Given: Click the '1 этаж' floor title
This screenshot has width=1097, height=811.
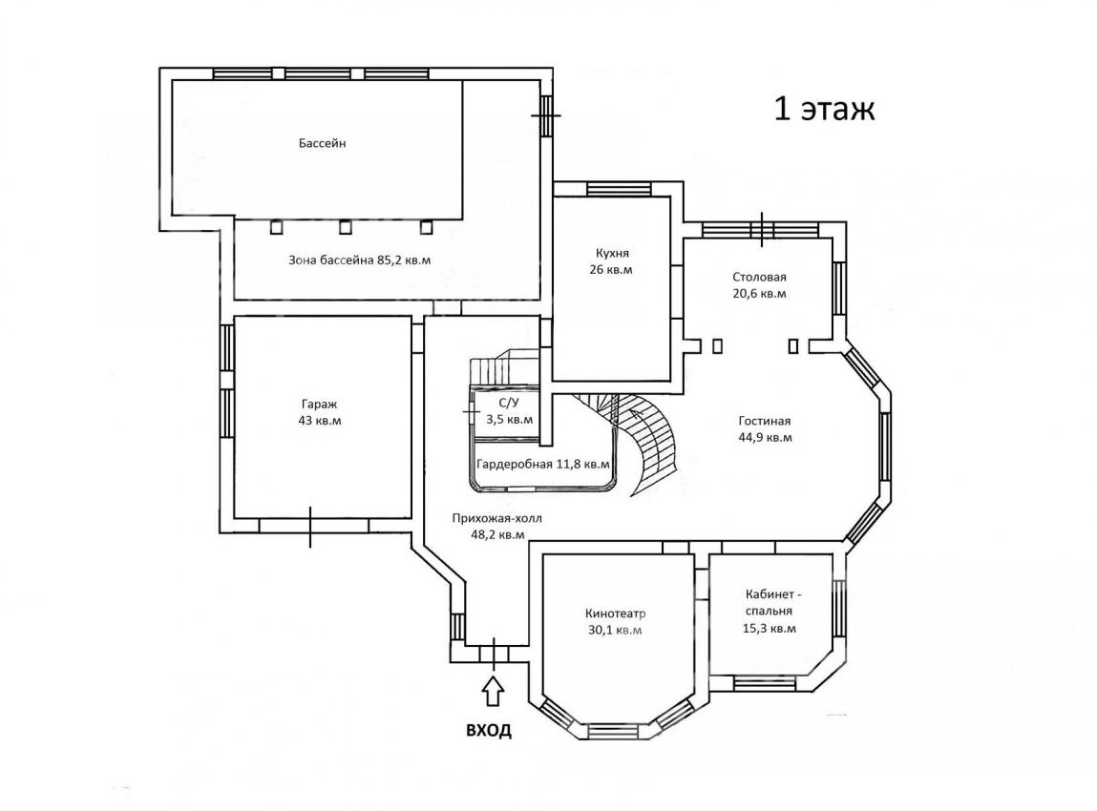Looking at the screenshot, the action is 824,110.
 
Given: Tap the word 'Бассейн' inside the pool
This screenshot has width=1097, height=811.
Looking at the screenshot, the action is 323,143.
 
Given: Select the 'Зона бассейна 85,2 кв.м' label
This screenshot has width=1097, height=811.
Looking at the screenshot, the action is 360,260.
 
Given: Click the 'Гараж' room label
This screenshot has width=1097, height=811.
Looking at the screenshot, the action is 320,405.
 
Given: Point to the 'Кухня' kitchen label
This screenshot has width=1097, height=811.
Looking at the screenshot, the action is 612,253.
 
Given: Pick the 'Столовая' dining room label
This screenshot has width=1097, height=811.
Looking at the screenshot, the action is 760,277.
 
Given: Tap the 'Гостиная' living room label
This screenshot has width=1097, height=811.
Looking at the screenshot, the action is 765,421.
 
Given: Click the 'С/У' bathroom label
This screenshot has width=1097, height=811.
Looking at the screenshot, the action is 509,403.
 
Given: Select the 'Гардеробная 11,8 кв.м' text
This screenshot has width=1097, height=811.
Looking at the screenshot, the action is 543,465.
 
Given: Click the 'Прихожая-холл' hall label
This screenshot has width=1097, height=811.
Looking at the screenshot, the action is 496,519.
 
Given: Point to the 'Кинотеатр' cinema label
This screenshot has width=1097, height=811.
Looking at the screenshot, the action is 616,613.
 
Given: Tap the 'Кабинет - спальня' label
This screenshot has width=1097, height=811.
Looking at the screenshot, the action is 770,603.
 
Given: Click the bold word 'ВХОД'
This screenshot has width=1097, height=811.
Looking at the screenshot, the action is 489,731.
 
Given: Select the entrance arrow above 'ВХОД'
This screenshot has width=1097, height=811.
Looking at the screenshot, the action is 494,690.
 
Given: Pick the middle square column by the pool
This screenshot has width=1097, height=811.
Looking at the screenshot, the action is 345,227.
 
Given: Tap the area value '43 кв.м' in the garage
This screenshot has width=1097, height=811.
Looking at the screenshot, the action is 320,421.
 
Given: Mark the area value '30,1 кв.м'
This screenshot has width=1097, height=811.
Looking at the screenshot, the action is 616,630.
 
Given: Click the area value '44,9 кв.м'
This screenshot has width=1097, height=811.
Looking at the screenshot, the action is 766,438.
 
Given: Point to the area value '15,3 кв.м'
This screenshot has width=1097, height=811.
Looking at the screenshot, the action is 770,628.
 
